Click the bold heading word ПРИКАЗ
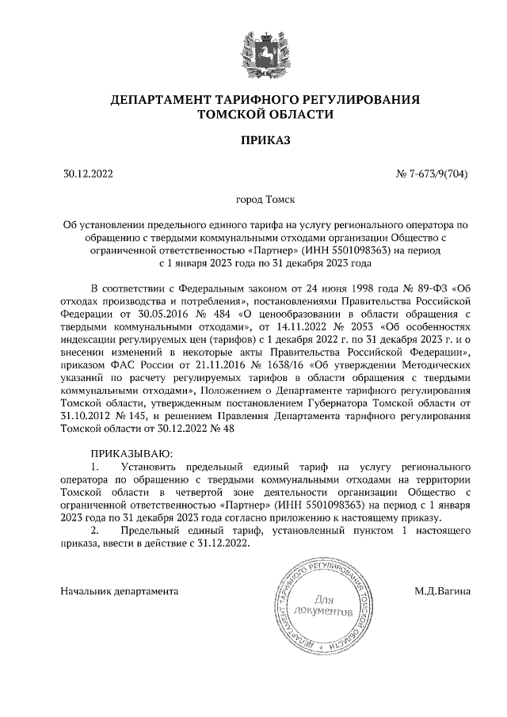253,141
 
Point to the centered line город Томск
253,202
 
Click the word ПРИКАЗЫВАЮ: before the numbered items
131,452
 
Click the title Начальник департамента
120,591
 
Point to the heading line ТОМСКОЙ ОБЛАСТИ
253,114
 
